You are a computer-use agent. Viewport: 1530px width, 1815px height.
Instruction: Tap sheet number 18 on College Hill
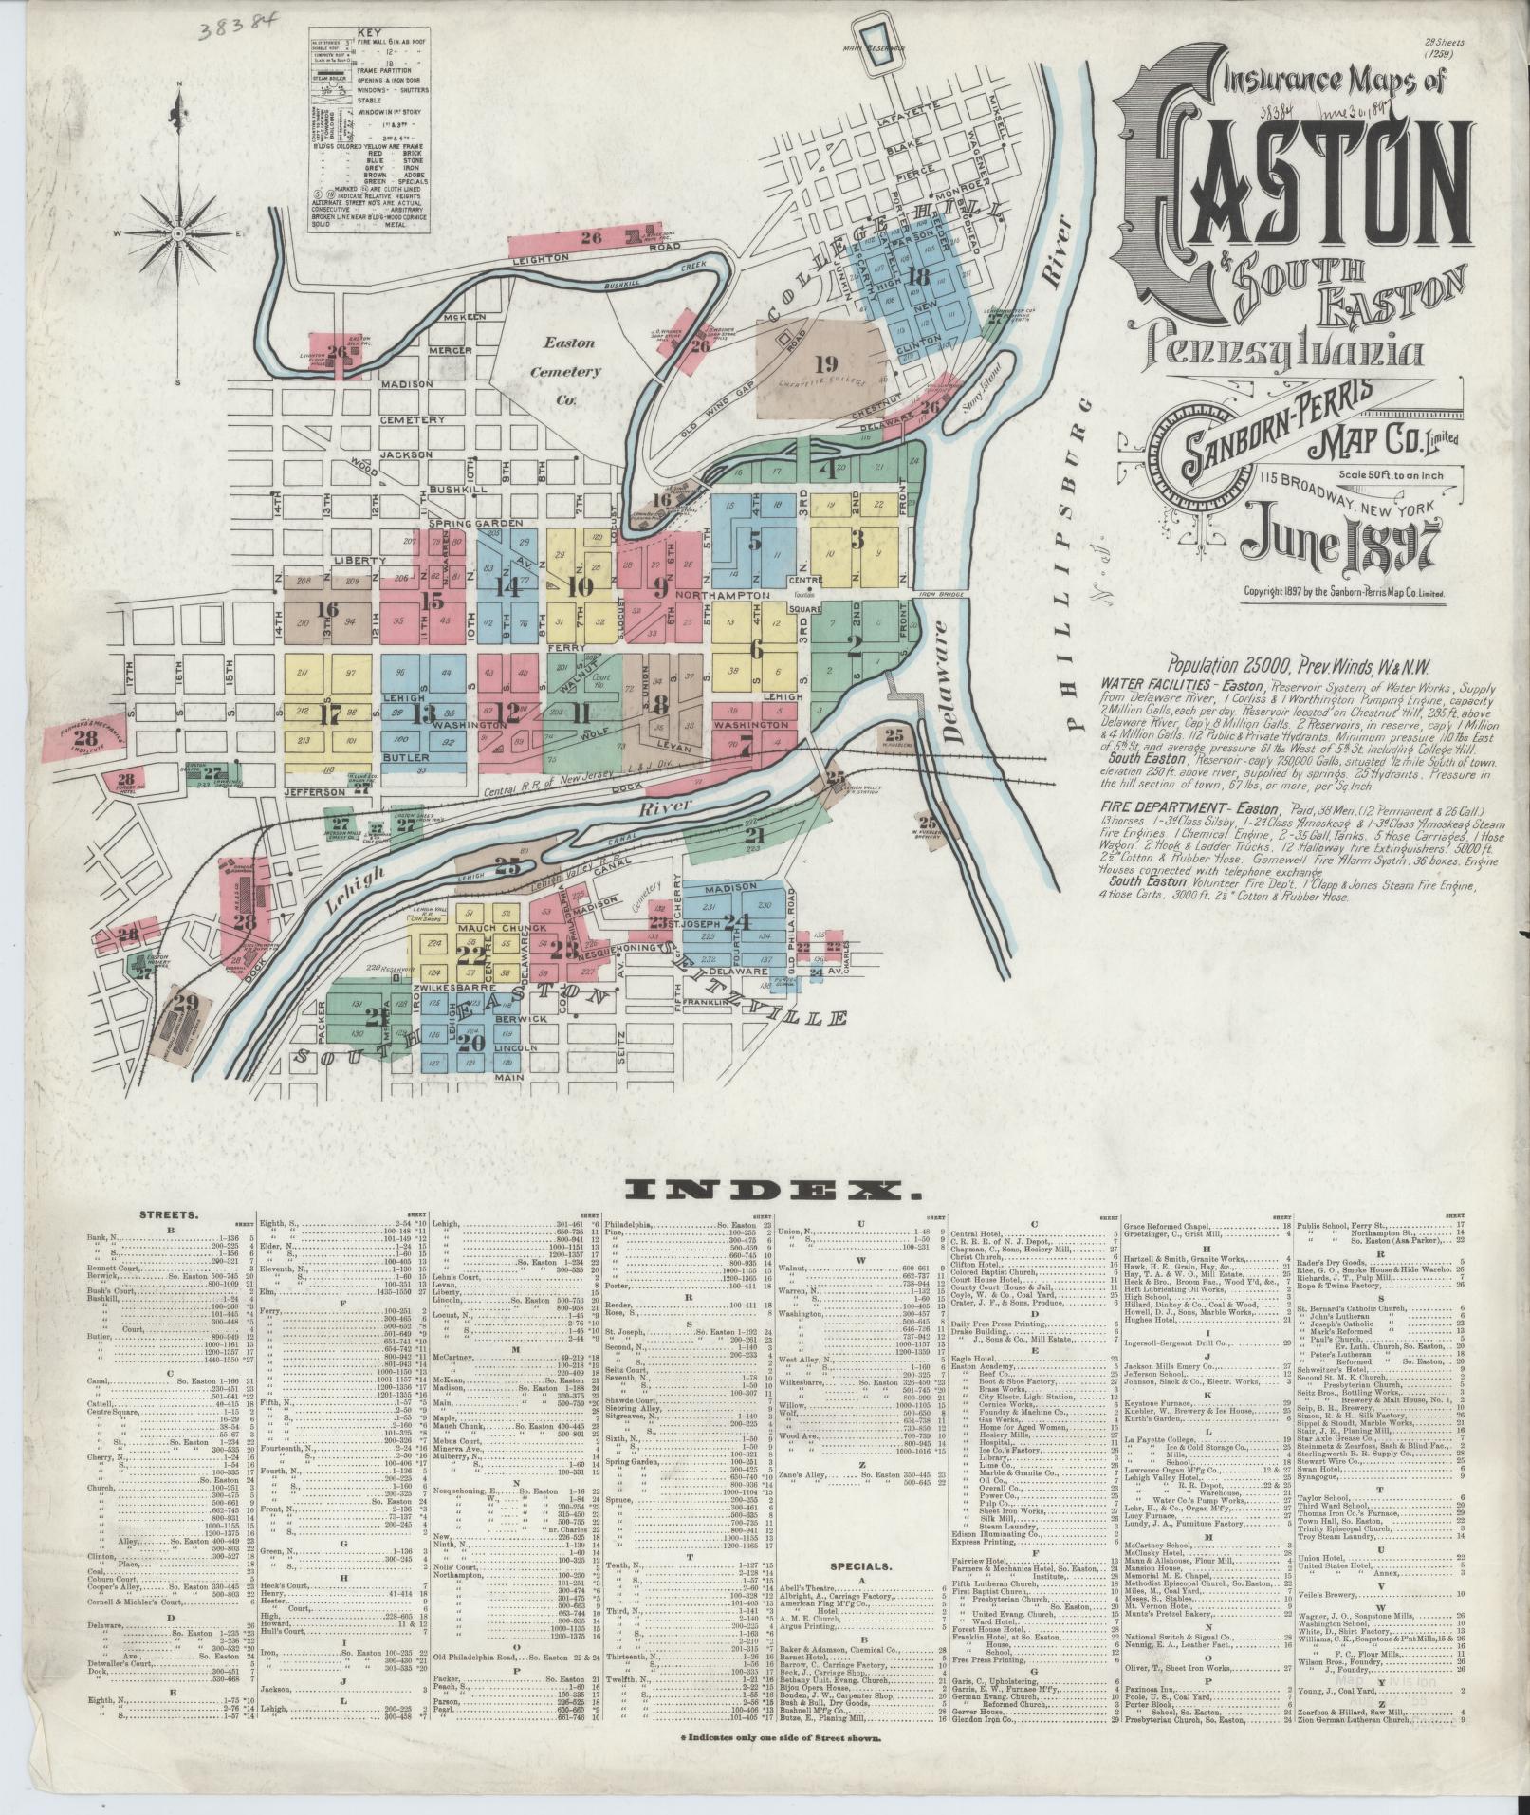click(x=917, y=276)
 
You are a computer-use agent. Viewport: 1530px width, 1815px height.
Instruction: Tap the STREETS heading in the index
click(x=168, y=1213)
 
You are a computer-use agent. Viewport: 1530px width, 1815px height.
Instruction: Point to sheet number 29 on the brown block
click(x=184, y=1002)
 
